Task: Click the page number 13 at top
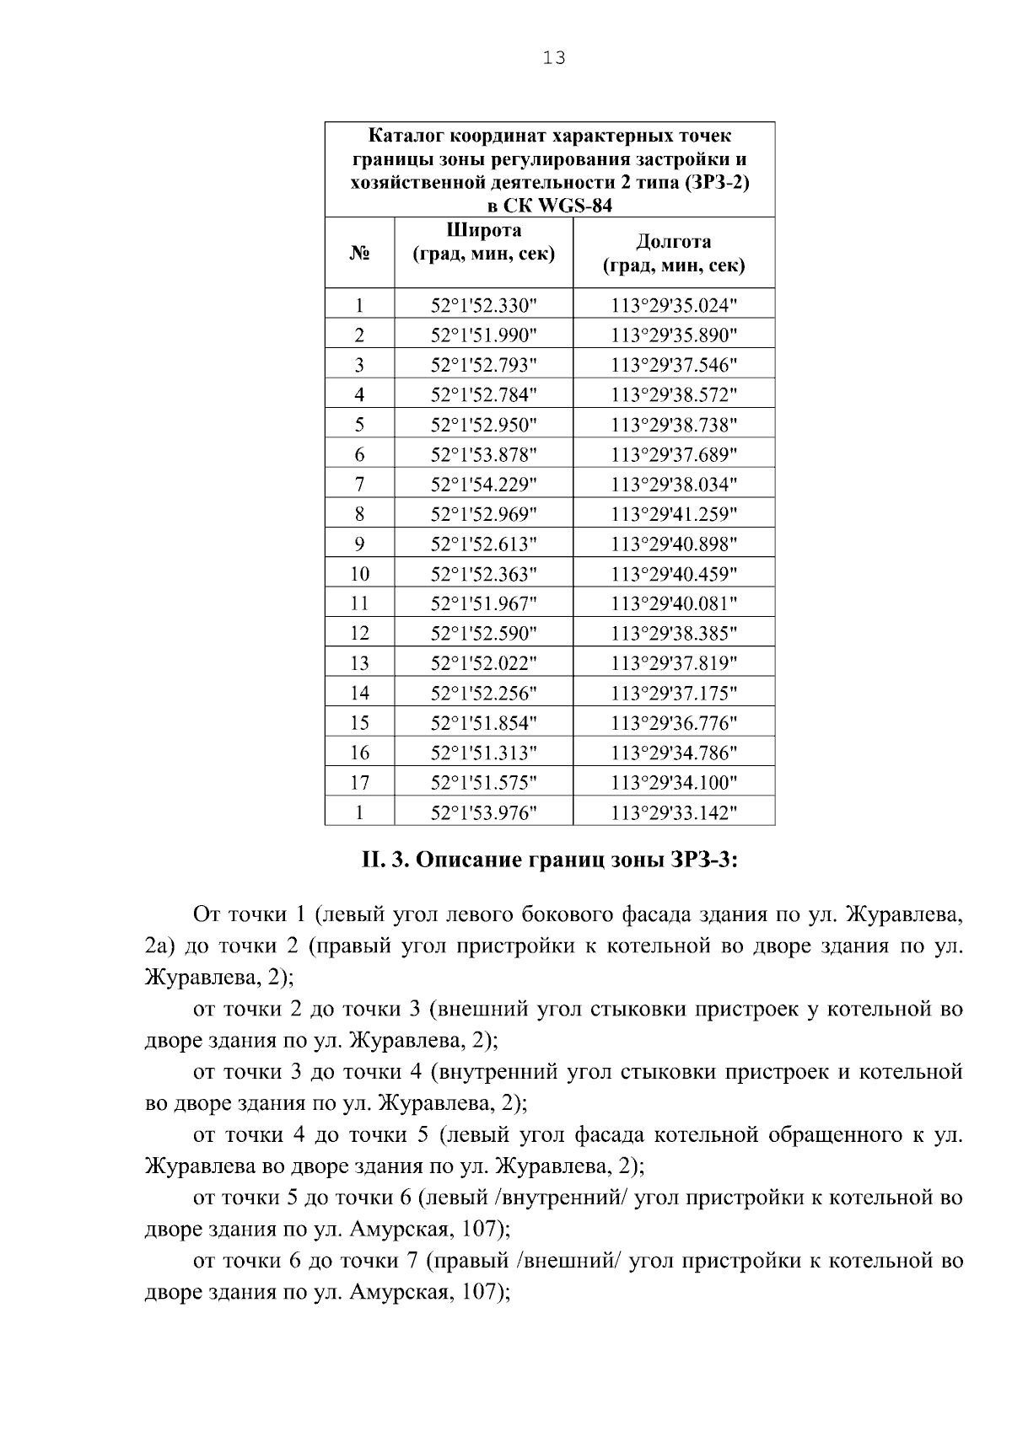[x=554, y=58]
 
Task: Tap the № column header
[x=359, y=253]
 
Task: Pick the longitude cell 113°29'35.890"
[x=674, y=335]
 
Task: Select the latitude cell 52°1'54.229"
[x=483, y=485]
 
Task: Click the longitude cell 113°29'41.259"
[x=674, y=514]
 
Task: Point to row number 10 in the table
[x=359, y=574]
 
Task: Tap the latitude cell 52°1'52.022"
[x=483, y=663]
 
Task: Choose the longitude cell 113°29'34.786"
[x=674, y=753]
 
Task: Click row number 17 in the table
[x=359, y=783]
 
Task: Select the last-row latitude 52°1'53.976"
[x=483, y=812]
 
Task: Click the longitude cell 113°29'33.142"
[x=674, y=812]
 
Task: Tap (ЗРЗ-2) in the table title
[x=717, y=182]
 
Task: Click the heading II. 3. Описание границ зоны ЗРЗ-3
[x=550, y=860]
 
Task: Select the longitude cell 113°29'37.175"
[x=674, y=694]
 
